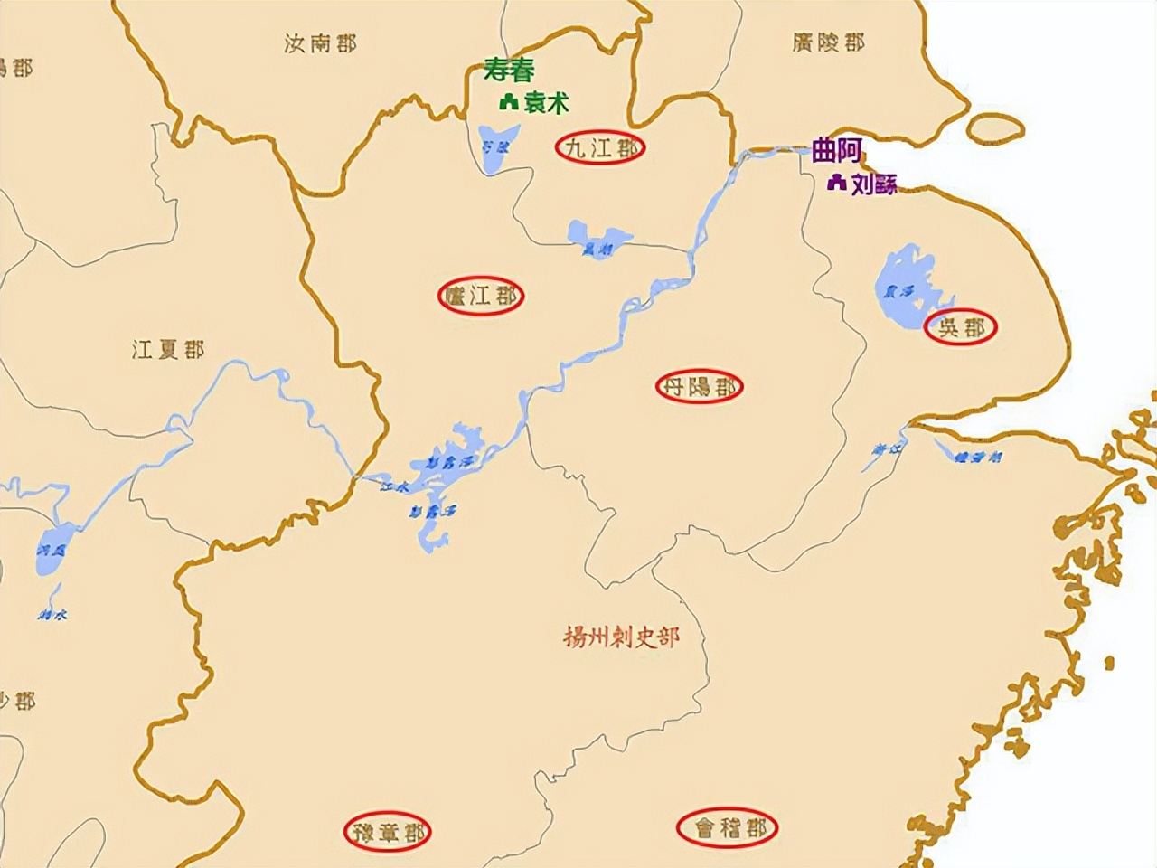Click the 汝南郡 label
point(320,43)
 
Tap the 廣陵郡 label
point(828,42)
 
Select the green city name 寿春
point(509,71)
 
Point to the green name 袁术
point(547,103)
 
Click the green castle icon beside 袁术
point(507,103)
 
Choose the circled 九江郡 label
point(600,148)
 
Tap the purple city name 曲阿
point(837,150)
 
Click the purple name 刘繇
point(874,184)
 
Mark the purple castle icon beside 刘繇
point(836,184)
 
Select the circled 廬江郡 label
point(481,295)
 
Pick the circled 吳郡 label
point(960,327)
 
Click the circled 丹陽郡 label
point(699,387)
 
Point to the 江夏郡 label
point(168,349)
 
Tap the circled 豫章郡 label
point(388,831)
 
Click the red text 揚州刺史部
point(621,637)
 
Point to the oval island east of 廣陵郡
point(995,128)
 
